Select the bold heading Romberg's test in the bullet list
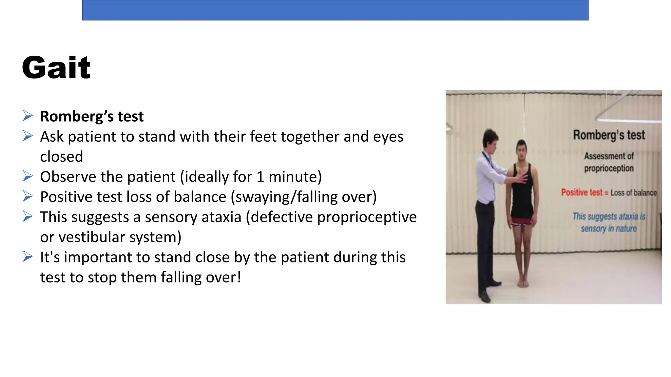pos(92,117)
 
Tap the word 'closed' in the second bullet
pos(62,157)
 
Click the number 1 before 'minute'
pos(260,177)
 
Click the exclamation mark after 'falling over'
pos(239,277)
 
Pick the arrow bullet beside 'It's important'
pos(28,257)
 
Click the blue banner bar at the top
pos(335,10)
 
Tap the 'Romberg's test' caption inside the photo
pos(609,135)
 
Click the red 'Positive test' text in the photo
pos(582,192)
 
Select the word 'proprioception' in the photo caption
pos(609,168)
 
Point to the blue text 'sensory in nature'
pos(609,228)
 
